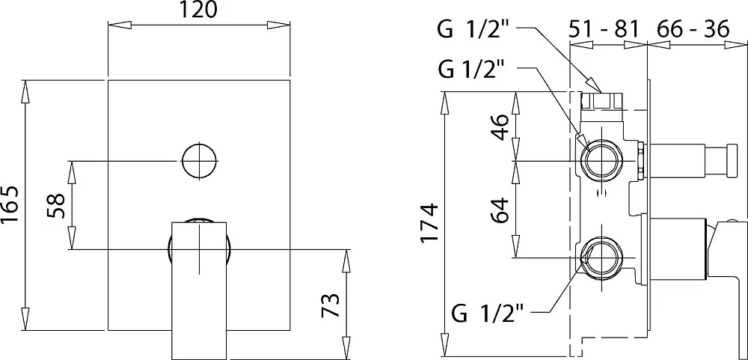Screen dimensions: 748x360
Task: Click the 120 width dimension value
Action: click(x=199, y=9)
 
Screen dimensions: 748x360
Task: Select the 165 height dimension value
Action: click(x=10, y=204)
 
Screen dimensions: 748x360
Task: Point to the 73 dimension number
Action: click(x=330, y=305)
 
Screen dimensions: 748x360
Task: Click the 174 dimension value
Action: click(x=429, y=223)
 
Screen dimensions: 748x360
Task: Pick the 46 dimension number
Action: click(x=501, y=126)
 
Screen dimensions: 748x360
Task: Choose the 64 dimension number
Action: click(x=501, y=210)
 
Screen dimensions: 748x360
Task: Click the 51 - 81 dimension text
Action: click(x=603, y=30)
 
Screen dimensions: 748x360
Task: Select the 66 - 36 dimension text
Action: click(x=693, y=30)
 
